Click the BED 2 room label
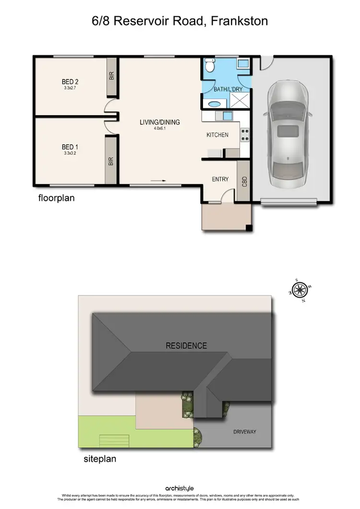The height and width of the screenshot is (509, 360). (70, 81)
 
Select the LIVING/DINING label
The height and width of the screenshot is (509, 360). (160, 122)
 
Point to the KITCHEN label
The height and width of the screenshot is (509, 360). (217, 135)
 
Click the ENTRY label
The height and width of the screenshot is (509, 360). (220, 179)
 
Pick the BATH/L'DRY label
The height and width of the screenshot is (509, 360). (225, 89)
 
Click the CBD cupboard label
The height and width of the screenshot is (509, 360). (244, 182)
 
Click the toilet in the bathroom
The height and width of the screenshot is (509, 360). (210, 64)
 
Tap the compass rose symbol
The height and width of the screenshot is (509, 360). (300, 290)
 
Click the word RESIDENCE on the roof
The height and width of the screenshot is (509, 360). (186, 345)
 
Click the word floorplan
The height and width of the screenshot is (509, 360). (57, 197)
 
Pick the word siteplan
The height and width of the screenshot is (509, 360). (97, 459)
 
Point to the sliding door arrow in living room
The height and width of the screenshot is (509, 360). (158, 181)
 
